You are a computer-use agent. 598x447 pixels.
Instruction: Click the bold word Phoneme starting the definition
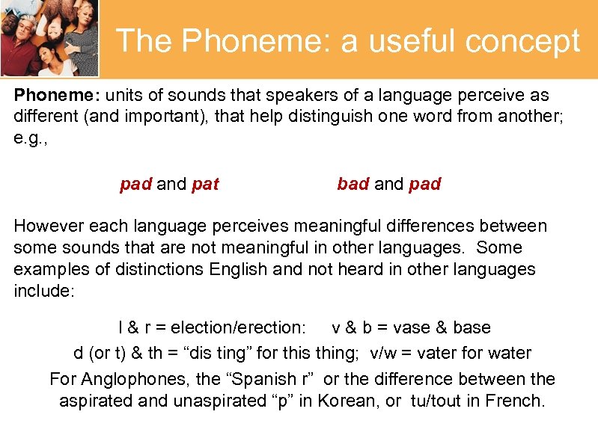[x=57, y=96]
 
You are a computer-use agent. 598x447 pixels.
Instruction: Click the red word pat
[x=205, y=184]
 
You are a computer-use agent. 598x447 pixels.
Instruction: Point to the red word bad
[x=353, y=184]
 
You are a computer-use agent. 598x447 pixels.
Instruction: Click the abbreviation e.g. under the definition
[x=29, y=139]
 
